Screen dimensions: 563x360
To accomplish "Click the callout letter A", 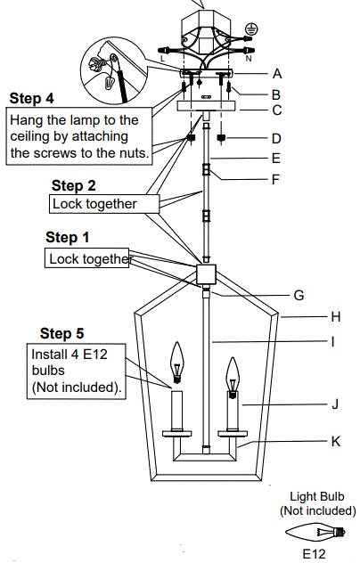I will (x=277, y=74).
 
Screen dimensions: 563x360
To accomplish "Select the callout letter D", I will (x=277, y=138).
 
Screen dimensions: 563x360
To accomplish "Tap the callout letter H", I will (x=310, y=315).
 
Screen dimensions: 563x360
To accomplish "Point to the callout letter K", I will (x=310, y=440).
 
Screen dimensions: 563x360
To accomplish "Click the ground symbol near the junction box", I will (x=251, y=29).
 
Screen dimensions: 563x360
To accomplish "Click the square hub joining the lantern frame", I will (x=207, y=273).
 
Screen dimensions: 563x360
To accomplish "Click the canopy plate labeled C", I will (x=206, y=106).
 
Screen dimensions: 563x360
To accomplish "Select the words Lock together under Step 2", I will (x=94, y=204).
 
